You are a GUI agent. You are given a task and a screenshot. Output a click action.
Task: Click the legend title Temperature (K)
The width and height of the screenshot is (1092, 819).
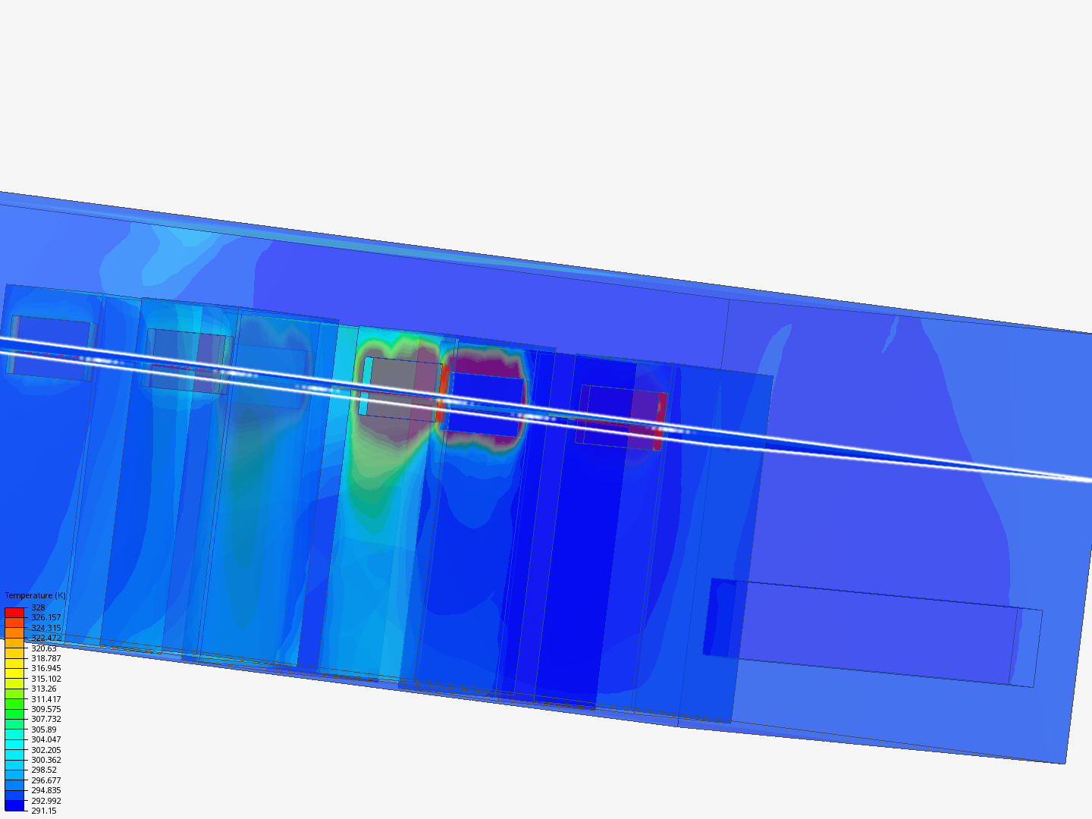35,595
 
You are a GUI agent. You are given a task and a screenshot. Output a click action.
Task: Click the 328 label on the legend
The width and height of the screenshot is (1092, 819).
38,607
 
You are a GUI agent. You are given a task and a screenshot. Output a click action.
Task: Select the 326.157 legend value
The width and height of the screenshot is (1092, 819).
45,617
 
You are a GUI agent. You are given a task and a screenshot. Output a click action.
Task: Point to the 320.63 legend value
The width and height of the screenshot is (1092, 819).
43,648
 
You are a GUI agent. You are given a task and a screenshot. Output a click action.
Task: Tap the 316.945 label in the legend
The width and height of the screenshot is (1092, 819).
45,668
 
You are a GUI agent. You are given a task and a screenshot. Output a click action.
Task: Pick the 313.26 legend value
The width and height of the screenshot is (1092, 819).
43,689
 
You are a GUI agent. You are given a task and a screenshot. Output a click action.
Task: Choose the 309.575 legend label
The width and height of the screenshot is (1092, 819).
45,709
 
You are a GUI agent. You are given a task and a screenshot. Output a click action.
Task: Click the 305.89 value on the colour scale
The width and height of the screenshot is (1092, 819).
43,730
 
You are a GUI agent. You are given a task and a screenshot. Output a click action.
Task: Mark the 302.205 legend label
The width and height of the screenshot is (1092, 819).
45,750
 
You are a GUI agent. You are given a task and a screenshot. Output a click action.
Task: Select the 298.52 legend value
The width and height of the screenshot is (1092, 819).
43,770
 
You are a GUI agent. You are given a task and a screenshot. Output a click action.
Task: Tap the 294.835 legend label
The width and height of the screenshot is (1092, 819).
45,790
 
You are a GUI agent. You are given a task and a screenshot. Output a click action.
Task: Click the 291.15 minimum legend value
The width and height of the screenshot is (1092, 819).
43,811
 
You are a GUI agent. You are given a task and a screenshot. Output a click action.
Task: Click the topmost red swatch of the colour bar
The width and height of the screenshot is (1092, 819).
14,612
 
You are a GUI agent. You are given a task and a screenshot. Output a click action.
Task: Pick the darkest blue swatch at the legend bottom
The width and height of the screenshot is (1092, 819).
14,805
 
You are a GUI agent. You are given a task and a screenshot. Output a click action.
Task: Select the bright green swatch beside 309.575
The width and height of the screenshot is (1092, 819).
14,709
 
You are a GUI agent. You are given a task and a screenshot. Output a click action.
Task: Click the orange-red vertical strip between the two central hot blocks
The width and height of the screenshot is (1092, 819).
443,393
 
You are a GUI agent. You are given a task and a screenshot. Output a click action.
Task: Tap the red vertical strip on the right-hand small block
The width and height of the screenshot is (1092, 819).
661,421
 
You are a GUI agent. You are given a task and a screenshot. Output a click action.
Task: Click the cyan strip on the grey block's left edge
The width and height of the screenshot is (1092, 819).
365,386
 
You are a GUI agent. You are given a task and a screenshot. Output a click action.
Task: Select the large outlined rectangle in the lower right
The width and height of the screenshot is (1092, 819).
872,633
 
